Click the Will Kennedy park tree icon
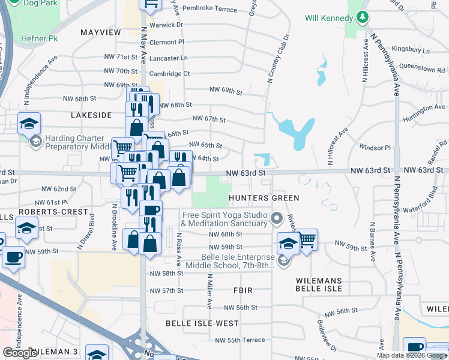[362, 17]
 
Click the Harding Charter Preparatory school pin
[29, 124]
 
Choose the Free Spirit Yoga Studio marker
[277, 218]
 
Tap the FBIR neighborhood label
[243, 290]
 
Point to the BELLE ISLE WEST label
[202, 323]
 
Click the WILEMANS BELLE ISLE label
[319, 284]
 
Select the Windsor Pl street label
[375, 147]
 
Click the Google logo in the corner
[20, 352]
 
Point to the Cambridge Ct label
[169, 74]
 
